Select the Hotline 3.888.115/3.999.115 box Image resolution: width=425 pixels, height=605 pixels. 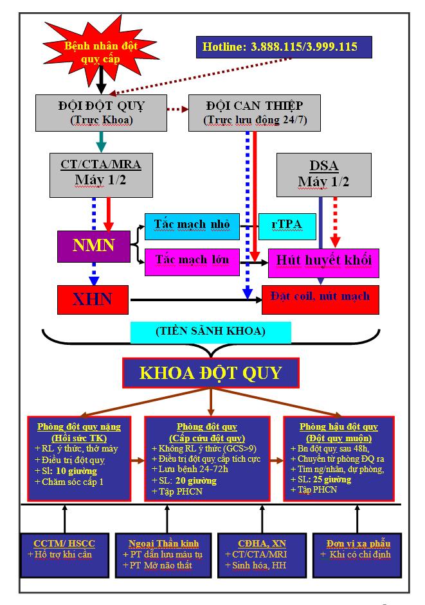point(284,47)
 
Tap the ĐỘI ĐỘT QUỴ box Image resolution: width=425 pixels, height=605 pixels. point(101,111)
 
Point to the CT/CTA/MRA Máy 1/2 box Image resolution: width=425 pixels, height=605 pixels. point(101,174)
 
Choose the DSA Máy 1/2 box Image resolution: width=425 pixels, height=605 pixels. point(323,174)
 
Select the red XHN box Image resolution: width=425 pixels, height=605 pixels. point(93,299)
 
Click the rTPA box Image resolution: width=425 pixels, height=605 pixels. point(287,225)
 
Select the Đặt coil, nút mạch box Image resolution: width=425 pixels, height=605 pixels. point(320,297)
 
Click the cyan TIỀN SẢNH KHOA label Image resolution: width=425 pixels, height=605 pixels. point(210,332)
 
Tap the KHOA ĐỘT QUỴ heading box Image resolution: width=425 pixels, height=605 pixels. point(212,373)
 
